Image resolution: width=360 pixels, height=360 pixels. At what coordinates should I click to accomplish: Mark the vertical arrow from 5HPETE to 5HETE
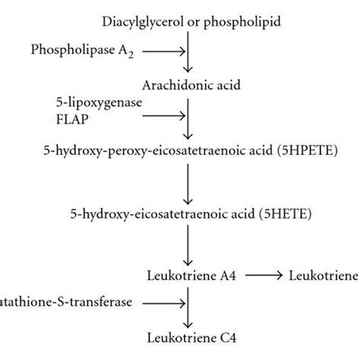point(187,182)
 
